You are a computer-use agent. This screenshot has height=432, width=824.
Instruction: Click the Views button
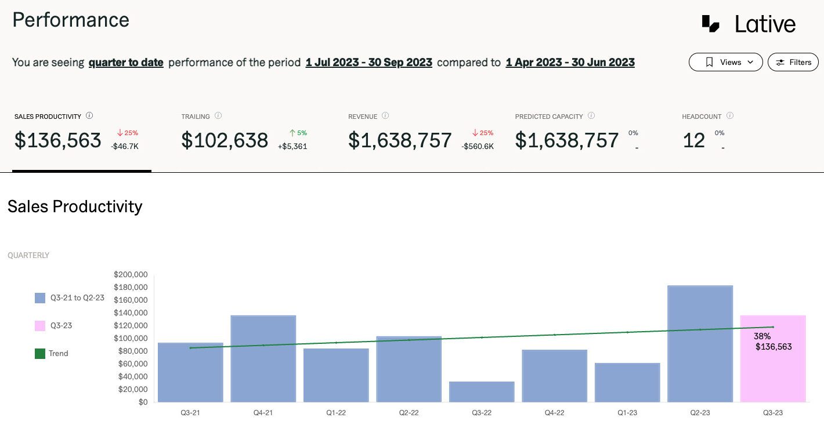click(x=725, y=62)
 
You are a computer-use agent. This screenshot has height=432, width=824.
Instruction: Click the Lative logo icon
click(x=711, y=24)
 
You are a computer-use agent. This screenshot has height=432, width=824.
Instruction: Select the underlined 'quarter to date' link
click(x=126, y=62)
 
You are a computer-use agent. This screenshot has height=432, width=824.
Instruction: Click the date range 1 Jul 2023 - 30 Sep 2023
click(x=369, y=62)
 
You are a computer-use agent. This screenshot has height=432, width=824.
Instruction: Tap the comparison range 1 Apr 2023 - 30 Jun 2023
click(x=570, y=62)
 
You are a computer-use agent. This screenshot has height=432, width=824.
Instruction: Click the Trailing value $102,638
click(x=225, y=140)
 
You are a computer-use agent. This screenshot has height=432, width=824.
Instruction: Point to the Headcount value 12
click(x=694, y=140)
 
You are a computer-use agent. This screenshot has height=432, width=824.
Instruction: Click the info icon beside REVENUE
click(x=385, y=116)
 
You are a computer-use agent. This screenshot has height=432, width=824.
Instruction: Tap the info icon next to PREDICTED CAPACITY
click(x=591, y=116)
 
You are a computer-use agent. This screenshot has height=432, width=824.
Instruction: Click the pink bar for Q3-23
click(x=773, y=371)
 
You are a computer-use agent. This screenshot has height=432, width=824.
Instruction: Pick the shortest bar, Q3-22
click(x=482, y=391)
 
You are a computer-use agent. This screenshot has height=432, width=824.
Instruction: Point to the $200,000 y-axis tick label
click(x=131, y=274)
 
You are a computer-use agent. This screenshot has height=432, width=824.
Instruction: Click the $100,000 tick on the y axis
click(x=131, y=338)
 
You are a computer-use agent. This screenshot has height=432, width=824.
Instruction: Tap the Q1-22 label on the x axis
click(x=336, y=413)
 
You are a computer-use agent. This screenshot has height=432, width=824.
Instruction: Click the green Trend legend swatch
click(x=40, y=353)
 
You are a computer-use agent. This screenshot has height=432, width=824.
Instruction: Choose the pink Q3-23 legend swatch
click(x=40, y=325)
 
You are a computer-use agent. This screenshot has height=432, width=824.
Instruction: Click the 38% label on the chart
click(x=762, y=336)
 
